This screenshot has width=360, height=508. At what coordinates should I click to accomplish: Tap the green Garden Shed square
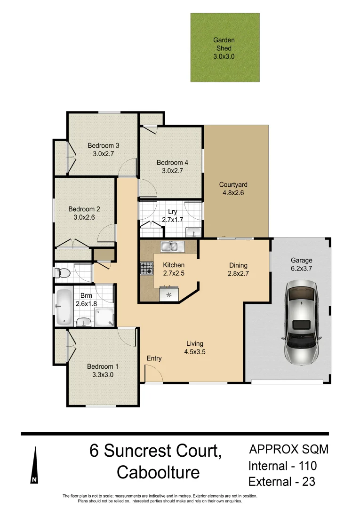coord(224,48)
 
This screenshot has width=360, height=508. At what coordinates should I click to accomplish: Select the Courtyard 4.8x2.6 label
coord(233,189)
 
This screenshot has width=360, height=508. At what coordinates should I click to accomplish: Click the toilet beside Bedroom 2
coord(63,273)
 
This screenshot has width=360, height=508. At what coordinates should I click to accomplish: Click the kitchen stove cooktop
coord(146,268)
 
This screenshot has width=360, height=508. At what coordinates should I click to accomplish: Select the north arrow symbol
coord(34,465)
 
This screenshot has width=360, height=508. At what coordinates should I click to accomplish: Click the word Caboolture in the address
coord(158,472)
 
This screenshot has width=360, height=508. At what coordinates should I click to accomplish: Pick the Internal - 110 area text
coord(282,466)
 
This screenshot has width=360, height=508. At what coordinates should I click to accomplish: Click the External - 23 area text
coord(281,482)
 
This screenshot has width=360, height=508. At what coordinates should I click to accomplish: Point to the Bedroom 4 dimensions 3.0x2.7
coord(172,171)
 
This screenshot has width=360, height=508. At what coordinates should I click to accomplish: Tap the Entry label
coord(154,358)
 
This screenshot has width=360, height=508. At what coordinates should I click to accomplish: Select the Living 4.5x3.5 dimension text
coord(195,351)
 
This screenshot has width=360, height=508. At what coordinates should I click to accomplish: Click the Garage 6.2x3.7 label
coord(301,264)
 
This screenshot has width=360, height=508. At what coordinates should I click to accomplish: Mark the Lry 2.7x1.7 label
coord(172,215)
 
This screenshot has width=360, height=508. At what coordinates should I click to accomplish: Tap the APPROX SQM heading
coord(288,449)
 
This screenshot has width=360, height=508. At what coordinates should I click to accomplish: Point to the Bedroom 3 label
coord(103,145)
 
